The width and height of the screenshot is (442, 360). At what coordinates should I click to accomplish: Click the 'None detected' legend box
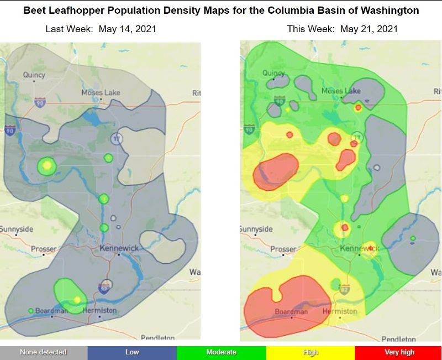[x=44, y=352]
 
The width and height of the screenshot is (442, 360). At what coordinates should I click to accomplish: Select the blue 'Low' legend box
[x=132, y=352]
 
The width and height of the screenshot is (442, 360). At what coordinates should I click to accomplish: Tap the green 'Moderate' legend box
[x=221, y=352]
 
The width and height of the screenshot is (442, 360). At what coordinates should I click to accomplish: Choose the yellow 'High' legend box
[x=310, y=352]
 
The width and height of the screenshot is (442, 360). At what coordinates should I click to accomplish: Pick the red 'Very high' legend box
[x=398, y=352]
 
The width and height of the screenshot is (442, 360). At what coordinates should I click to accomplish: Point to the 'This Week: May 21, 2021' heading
[x=342, y=29]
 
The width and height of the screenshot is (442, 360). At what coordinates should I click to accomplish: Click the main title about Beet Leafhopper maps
[x=221, y=11]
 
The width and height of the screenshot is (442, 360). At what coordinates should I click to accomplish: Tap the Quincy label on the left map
[x=34, y=75]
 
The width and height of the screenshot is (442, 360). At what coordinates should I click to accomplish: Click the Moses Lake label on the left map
[x=101, y=92]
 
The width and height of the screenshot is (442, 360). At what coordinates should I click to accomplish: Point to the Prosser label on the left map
[x=44, y=249]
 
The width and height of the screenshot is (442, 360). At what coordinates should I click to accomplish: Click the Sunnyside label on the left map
[x=17, y=229]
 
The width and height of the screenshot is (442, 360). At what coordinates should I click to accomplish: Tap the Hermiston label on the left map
[x=99, y=311]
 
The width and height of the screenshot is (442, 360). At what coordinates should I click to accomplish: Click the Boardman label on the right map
[x=291, y=312]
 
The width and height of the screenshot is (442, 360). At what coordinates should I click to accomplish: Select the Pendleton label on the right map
[x=398, y=338]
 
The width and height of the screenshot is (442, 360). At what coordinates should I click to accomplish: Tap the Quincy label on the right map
[x=273, y=73]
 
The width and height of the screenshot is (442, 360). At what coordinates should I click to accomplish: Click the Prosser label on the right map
[x=283, y=249]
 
